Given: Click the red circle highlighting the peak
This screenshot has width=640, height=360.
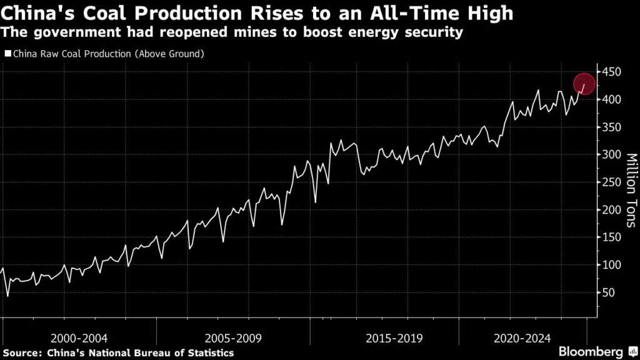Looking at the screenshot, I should tap(584, 83).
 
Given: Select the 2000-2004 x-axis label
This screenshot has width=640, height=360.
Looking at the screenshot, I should tap(79, 338).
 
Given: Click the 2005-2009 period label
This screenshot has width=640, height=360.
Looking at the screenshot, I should tap(232, 338).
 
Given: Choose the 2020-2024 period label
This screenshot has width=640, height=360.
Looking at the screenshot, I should tap(521, 338).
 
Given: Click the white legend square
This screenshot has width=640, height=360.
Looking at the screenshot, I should tap(7, 54).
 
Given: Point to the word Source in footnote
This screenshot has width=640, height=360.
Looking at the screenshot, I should tap(22, 353).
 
